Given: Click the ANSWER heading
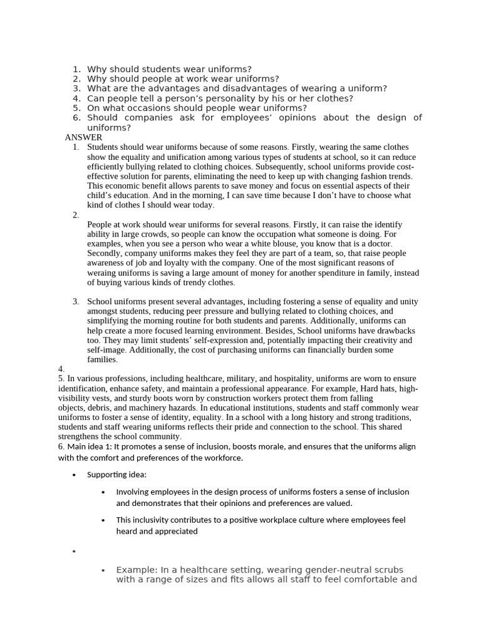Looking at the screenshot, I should [83, 137].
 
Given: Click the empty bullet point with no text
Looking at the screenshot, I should [74, 552].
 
